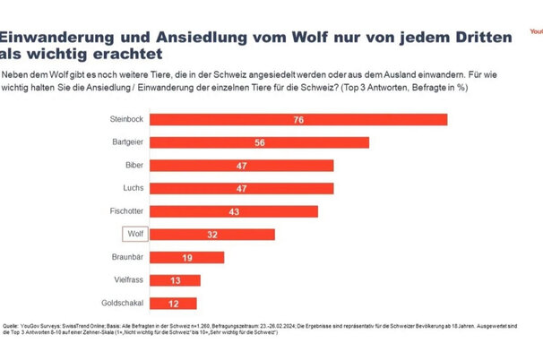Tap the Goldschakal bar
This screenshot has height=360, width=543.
(x=161, y=303)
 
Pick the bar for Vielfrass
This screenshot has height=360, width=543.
(x=163, y=280)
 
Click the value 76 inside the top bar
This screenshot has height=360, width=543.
(x=298, y=119)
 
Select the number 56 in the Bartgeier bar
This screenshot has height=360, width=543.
(x=260, y=142)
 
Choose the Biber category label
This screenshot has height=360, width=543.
(x=133, y=166)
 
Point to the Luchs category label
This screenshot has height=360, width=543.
(x=132, y=188)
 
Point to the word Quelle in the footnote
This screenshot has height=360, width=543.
(x=13, y=325)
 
